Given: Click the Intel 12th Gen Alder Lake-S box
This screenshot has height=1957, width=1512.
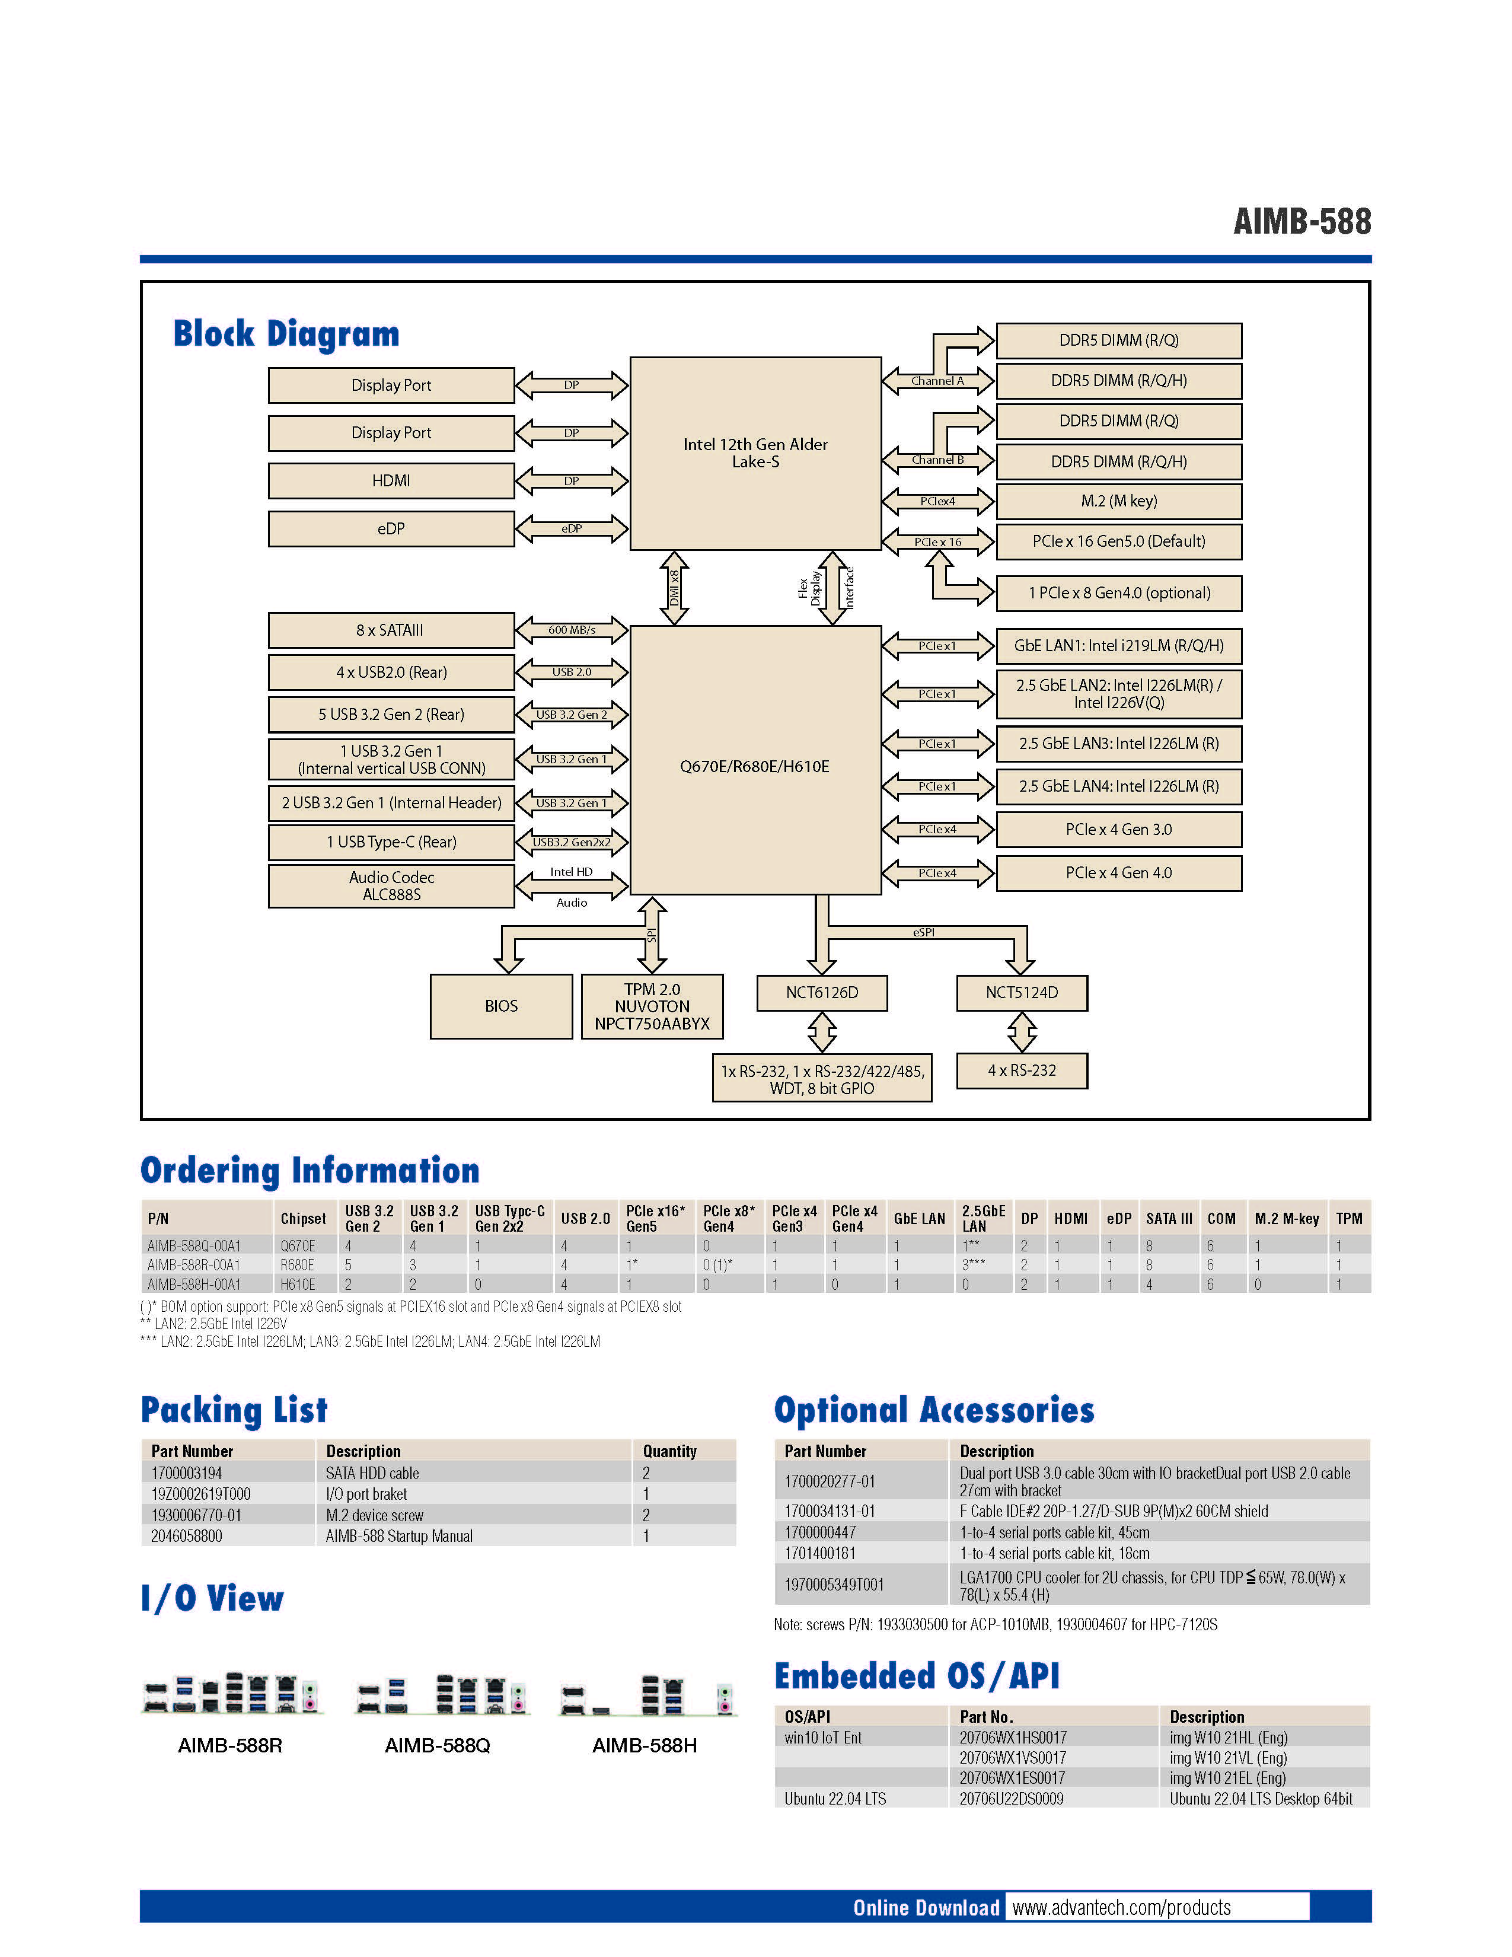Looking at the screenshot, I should point(755,454).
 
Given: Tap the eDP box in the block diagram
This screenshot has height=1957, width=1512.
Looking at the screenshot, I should point(391,528).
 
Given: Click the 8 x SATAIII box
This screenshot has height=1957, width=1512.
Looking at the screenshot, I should point(391,630).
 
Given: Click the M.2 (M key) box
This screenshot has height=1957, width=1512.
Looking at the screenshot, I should point(1119,501).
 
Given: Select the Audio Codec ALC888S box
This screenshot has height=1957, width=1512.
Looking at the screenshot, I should point(391,886).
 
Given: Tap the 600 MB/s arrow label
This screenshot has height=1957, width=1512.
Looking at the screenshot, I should point(572,630).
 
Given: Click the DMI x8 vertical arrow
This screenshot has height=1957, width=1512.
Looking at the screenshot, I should point(674,588).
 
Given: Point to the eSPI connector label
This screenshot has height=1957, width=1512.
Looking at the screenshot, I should point(923,932).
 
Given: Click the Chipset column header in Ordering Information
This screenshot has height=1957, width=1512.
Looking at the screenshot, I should point(303,1219).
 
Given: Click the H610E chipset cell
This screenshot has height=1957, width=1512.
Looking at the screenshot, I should point(298,1284).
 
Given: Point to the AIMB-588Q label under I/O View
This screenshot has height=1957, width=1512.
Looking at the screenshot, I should point(437,1745).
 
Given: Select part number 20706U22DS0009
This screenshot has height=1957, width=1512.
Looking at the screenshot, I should point(1012,1799).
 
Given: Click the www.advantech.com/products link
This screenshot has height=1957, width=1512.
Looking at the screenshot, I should point(1121,1908).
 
